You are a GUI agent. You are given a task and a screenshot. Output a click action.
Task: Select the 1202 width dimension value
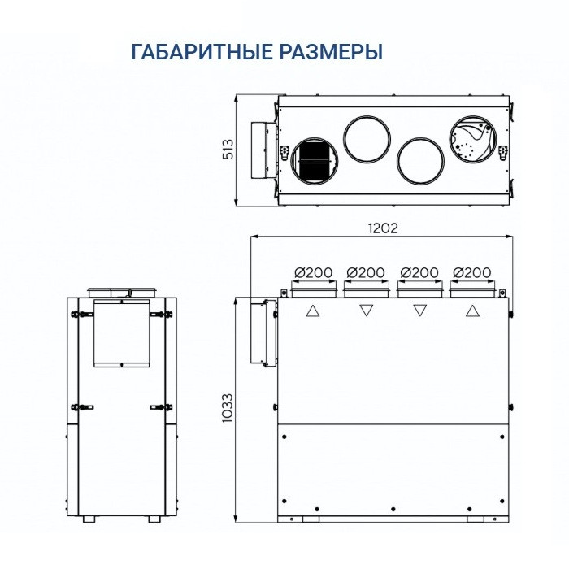click(x=381, y=228)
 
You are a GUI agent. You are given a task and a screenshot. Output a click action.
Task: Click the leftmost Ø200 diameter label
click(x=312, y=272)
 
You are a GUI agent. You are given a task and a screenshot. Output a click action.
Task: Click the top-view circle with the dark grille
click(x=312, y=159)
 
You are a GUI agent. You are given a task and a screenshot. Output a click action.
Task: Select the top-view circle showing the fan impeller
click(x=472, y=140)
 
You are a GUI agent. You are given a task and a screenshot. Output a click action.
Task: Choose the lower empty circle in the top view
click(x=419, y=159)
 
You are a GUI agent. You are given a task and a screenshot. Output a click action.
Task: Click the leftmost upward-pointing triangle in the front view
click(x=312, y=311)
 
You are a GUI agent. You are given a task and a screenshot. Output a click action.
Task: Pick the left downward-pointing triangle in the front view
click(x=366, y=311)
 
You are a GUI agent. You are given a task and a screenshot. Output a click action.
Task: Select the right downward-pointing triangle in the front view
click(x=419, y=311)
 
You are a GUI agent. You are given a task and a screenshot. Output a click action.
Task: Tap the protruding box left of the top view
click(x=263, y=150)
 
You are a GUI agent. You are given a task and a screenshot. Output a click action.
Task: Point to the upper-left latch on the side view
click(x=80, y=314)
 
